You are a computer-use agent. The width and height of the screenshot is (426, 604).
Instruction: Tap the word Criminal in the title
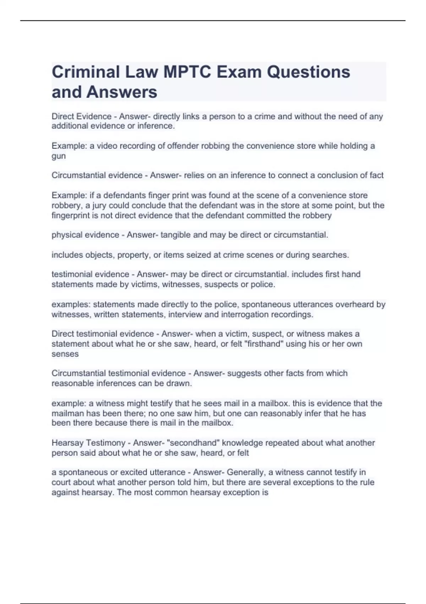pos(86,72)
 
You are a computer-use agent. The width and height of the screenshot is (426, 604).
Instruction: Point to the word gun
pos(59,156)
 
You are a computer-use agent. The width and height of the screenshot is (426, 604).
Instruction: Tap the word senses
pos(65,354)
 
